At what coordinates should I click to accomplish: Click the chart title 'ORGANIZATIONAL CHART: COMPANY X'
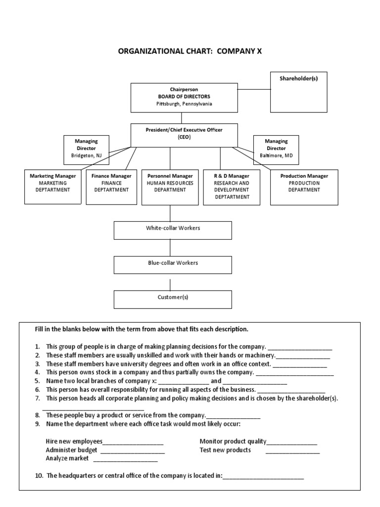tap(190, 51)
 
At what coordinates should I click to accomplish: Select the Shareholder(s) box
tap(298, 92)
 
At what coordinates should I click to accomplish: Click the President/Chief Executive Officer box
tap(184, 135)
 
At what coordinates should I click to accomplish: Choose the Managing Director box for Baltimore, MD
tap(276, 149)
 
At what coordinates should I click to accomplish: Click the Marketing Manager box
tap(53, 187)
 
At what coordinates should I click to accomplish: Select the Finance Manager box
tap(111, 187)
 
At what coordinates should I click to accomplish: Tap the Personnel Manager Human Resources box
tap(170, 187)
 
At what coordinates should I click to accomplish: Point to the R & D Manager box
tap(232, 187)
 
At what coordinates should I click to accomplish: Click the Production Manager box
tap(304, 187)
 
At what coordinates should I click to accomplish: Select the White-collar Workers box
tap(173, 230)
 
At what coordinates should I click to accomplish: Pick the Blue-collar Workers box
tap(173, 265)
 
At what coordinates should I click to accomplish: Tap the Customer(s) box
tap(173, 299)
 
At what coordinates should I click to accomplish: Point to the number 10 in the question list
tap(39, 476)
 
